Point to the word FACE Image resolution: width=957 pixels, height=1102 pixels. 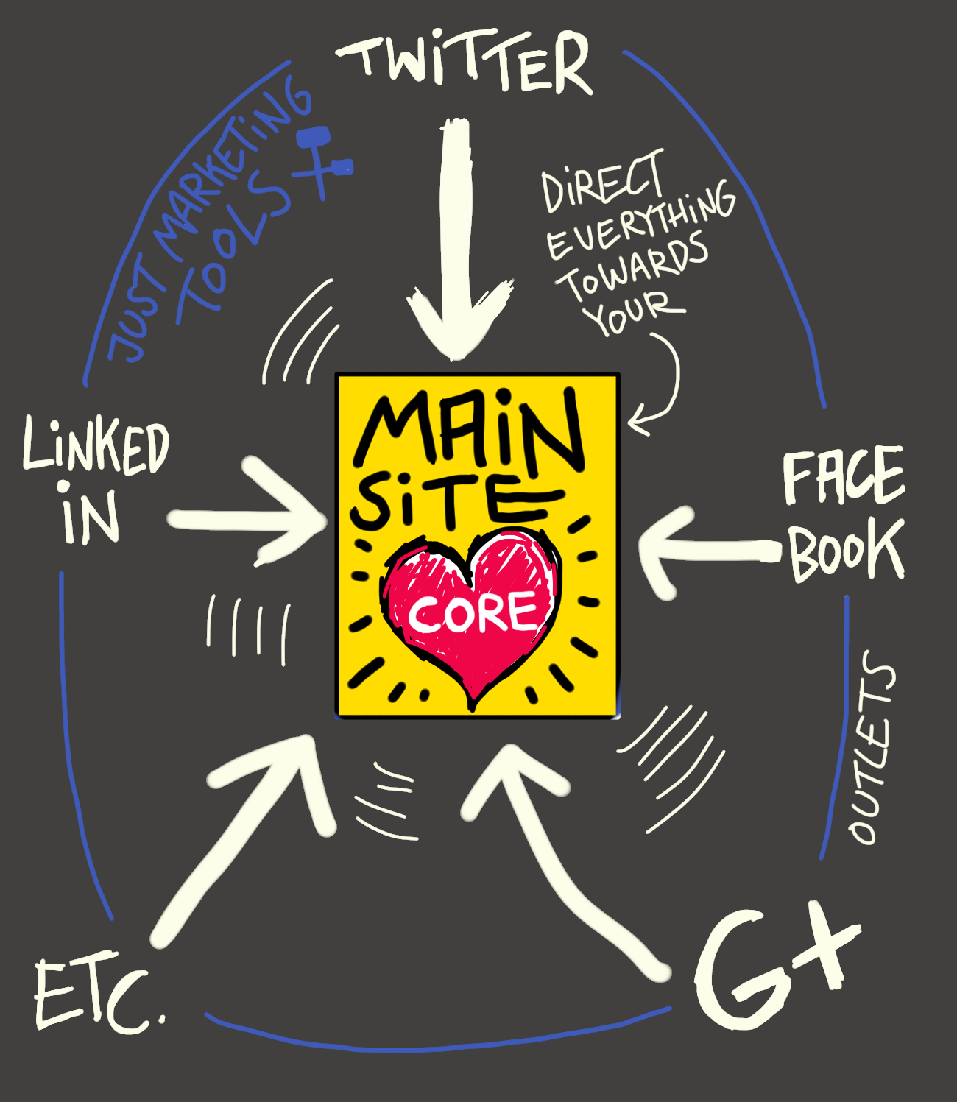click(843, 476)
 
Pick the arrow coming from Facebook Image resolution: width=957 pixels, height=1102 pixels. click(707, 549)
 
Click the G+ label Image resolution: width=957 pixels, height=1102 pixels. click(773, 964)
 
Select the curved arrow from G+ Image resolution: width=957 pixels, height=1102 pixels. click(559, 854)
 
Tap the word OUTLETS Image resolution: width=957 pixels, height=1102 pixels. click(873, 747)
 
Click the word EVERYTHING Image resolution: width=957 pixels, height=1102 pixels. click(640, 221)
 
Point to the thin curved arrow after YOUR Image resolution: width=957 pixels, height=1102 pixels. click(663, 390)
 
